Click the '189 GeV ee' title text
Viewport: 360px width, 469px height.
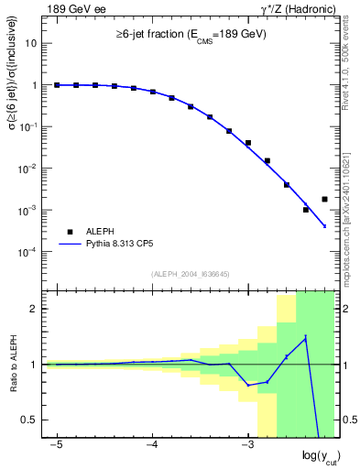pos(75,8)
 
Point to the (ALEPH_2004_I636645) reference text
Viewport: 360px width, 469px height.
pos(191,272)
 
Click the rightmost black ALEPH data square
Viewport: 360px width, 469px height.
pos(325,199)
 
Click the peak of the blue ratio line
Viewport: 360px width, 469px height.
pos(305,337)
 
